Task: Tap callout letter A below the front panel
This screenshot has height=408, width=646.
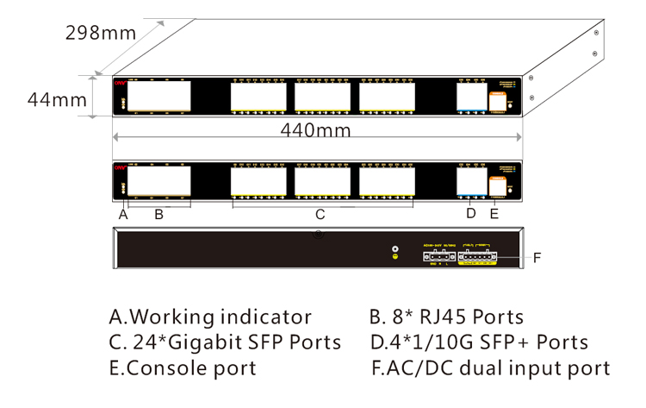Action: pos(123,215)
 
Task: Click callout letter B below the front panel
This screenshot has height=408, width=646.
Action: pos(158,215)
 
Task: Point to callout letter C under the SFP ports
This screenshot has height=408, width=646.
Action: pos(319,214)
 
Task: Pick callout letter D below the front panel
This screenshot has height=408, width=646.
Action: pos(470,214)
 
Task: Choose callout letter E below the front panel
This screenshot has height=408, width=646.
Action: pos(494,214)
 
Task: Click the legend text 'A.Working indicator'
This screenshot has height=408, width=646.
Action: pos(210,317)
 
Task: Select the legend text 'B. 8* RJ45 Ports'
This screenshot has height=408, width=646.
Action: pos(446,317)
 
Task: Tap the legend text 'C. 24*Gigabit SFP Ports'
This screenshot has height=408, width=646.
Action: pos(225,342)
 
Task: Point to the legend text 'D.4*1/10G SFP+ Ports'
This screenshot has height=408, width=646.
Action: pos(480,342)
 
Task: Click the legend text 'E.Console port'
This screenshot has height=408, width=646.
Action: pos(183,368)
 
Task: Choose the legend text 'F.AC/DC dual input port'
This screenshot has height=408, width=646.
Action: pos(491,368)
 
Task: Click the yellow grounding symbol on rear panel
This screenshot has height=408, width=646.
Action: pos(395,257)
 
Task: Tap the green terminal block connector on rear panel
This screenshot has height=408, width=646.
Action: pos(477,256)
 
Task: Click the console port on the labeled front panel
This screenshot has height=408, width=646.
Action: pos(497,185)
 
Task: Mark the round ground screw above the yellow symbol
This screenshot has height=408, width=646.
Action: pos(395,248)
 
